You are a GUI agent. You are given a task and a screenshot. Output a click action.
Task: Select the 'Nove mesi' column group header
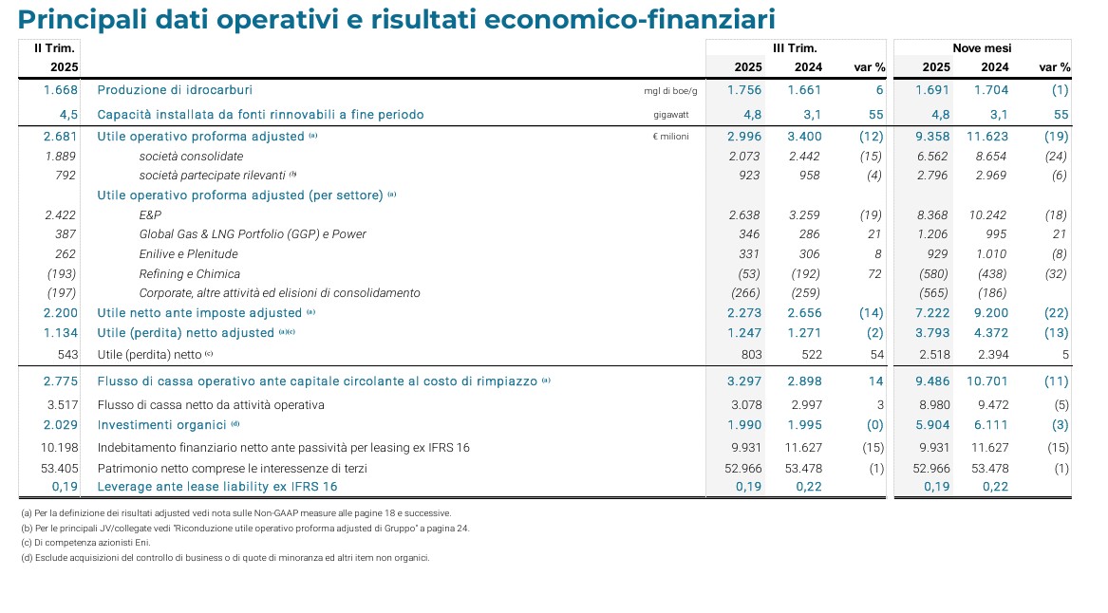click(982, 47)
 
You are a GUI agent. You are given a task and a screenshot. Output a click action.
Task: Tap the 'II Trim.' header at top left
click(54, 47)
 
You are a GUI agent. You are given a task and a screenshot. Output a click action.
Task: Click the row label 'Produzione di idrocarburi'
click(175, 90)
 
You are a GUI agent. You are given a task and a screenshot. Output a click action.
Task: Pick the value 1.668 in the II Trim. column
click(61, 90)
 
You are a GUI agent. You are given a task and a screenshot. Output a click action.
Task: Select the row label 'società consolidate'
click(191, 156)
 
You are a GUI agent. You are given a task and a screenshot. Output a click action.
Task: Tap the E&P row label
click(150, 215)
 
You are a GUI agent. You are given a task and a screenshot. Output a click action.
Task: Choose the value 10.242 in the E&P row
click(990, 215)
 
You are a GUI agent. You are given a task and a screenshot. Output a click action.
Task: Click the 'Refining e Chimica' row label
click(189, 273)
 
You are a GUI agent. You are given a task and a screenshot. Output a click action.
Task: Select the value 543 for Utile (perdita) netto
click(66, 355)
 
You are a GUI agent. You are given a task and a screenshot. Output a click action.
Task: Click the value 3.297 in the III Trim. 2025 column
click(744, 381)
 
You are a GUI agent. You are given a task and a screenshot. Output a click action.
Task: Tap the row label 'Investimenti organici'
click(161, 425)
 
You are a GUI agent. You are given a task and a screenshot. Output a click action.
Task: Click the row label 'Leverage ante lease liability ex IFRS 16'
click(217, 487)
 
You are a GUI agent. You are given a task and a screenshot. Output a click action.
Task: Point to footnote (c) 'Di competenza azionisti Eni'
click(85, 543)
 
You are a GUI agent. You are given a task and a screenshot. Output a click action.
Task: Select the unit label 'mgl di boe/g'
click(670, 91)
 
